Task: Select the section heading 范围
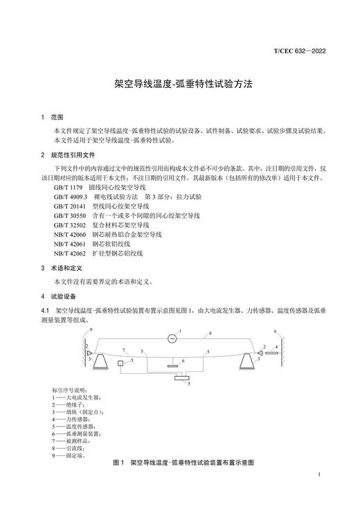[x=57, y=117]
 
